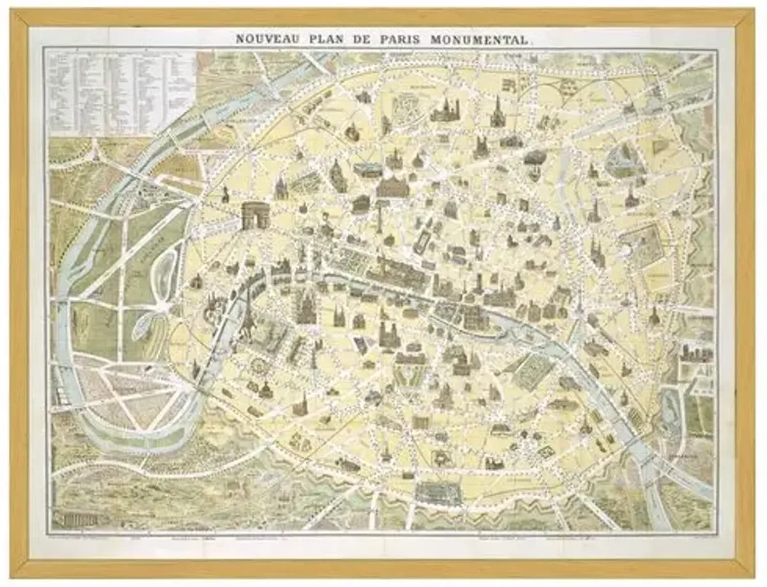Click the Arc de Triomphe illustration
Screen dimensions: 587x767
click(x=254, y=215)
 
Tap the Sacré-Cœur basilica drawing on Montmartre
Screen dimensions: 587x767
click(x=443, y=111)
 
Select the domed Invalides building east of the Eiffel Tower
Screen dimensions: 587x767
click(x=306, y=307)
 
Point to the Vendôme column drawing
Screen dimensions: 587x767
click(x=378, y=217)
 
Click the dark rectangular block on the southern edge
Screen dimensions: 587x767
click(x=438, y=492)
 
